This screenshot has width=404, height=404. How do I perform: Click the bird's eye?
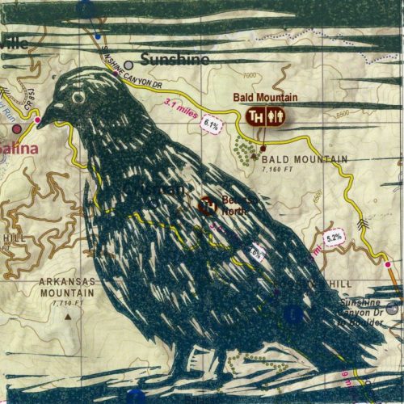[x=78, y=97]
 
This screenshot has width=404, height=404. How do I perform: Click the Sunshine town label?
[x=175, y=59]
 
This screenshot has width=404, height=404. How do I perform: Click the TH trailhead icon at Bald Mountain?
[x=256, y=116]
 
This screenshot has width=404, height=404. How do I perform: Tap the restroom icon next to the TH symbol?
[x=276, y=116]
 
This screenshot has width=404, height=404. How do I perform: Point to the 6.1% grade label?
[x=212, y=124]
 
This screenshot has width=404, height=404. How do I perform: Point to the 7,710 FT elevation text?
[x=66, y=302]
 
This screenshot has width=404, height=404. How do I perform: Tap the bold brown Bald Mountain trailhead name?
[x=266, y=98]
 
